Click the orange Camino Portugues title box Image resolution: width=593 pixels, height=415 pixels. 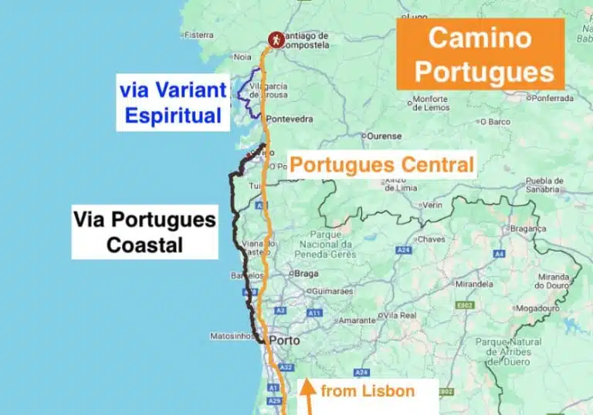coord(480,54)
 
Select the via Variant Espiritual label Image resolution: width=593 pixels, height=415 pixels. coord(173,103)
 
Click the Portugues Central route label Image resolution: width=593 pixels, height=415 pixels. coord(381,164)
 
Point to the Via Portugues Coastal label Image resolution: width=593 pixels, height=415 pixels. coord(144,231)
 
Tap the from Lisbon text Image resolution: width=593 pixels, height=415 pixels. coord(368,391)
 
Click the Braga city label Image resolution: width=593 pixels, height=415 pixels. coord(307,273)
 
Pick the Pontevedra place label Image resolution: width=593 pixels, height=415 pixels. coord(289,119)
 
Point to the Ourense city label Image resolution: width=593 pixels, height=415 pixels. coord(385,136)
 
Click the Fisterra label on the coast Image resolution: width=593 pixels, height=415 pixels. coord(198,35)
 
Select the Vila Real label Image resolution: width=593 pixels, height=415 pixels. coord(399,315)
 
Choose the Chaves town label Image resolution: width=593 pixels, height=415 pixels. coord(432,239)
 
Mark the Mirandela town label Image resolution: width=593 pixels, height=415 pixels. coord(474,283)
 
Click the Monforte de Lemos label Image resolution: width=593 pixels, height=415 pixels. coord(430,103)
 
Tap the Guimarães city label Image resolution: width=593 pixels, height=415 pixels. coord(330,292)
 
